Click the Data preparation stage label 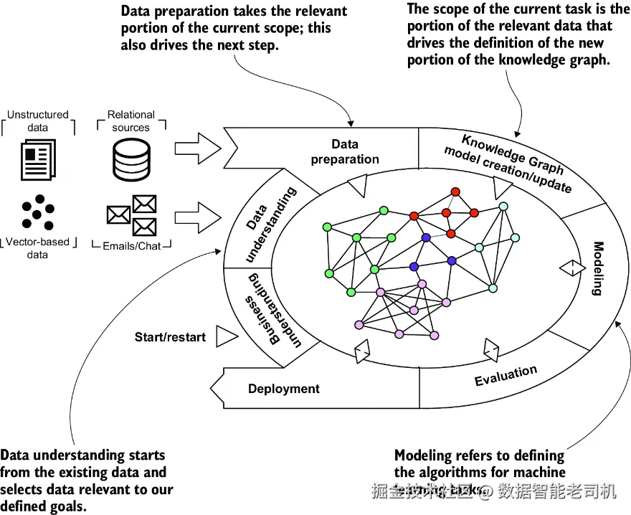[x=345, y=152]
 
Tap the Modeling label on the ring [x=598, y=268]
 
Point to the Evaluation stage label [x=506, y=376]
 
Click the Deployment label [x=284, y=389]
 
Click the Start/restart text [x=170, y=336]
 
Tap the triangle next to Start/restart [x=226, y=336]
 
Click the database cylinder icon [x=132, y=159]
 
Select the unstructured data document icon [x=37, y=159]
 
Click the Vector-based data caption [x=37, y=248]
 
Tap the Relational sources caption [x=131, y=121]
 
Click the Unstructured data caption [x=38, y=121]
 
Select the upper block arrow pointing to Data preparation [x=198, y=148]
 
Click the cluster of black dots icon [x=38, y=212]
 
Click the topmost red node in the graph [x=455, y=192]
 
